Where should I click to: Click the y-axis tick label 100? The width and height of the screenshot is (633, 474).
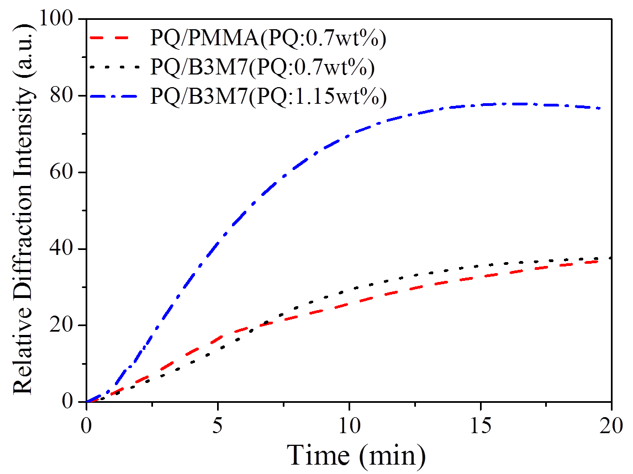tap(57, 20)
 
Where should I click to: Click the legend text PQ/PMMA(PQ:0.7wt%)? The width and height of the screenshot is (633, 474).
tap(267, 39)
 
